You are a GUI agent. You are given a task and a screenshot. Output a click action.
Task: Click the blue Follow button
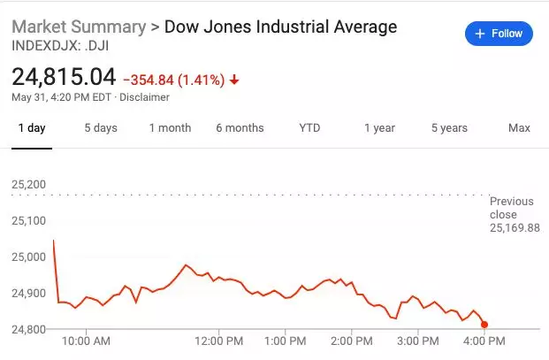pos(499,34)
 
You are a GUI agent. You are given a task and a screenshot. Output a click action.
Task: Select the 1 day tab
pos(32,128)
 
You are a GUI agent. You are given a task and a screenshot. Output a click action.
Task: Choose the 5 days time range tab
pos(101,128)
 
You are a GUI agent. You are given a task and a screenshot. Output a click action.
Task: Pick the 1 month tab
pos(170,128)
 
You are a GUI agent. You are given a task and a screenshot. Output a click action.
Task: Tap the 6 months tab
pos(240,128)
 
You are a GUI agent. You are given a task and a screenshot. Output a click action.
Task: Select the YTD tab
pos(309,128)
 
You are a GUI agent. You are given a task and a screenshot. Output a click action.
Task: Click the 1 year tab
pos(379,128)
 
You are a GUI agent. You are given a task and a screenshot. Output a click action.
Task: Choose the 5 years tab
pos(449,128)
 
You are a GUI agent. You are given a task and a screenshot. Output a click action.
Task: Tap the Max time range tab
pos(519,128)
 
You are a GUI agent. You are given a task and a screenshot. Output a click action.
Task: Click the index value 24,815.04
pos(64,78)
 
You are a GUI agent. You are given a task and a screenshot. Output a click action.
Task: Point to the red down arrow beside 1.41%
pos(234,80)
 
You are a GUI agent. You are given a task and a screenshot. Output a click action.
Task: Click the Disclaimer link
pos(144,97)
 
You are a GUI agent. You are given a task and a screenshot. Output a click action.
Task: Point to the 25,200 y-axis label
pos(29,185)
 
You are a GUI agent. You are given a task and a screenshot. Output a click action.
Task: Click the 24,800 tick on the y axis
pos(29,329)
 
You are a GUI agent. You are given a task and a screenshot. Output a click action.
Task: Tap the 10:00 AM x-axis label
pos(88,341)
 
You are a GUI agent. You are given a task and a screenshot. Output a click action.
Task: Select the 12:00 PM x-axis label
pos(218,341)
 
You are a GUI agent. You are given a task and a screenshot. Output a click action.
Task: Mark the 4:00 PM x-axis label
pos(483,341)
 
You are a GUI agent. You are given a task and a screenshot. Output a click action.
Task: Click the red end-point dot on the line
pos(484,325)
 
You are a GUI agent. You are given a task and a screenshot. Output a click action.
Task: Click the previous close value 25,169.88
pos(515,227)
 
